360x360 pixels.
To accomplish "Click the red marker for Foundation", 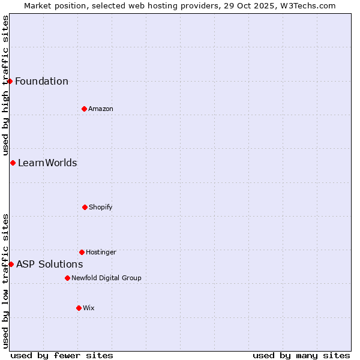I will tap(10, 81).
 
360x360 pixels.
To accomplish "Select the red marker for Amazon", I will tap(84, 109).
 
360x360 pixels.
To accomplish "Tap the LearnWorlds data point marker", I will tap(13, 163).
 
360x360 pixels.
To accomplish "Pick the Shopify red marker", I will tap(85, 207).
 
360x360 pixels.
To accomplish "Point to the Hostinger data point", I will tap(82, 252).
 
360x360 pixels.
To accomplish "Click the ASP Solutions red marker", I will tap(11, 264).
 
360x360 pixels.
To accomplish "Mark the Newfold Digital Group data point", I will tap(67, 278).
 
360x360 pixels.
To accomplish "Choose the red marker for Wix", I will tap(79, 308).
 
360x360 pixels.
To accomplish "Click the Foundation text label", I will tap(41, 82).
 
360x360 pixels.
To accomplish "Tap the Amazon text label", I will tap(101, 109).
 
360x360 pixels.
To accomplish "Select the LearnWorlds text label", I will tap(47, 163).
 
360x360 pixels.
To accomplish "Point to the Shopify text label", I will tap(101, 208).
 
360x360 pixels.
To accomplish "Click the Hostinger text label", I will tap(101, 253).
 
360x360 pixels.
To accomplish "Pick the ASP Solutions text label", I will tap(49, 265).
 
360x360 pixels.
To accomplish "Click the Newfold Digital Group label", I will tap(106, 278).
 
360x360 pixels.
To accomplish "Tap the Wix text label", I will tap(89, 308).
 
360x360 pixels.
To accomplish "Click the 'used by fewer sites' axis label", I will tap(62, 355).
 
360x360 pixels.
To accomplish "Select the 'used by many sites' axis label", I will tap(301, 355).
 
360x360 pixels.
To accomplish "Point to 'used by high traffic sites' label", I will tap(5, 86).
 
